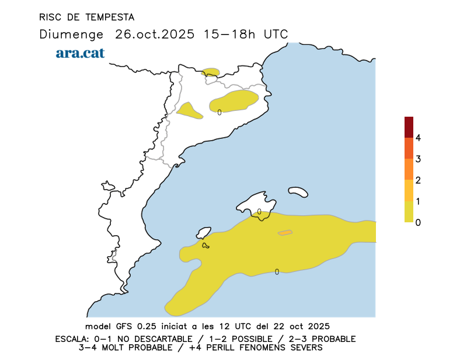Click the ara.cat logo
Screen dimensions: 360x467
point(80,53)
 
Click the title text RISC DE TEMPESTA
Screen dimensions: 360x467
point(86,17)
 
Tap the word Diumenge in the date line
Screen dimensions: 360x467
point(71,34)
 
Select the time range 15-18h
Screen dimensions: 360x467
point(230,34)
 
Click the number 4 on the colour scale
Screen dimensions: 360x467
point(418,138)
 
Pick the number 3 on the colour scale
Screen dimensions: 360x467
point(418,159)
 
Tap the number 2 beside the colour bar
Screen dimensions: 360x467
point(418,180)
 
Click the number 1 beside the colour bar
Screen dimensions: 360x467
point(418,201)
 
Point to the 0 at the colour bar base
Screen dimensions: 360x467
point(418,222)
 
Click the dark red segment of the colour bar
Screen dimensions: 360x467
point(409,127)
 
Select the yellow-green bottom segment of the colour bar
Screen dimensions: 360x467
point(409,212)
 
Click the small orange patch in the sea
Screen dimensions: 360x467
point(285,233)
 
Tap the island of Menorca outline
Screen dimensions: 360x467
point(298,191)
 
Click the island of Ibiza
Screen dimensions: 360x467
point(203,232)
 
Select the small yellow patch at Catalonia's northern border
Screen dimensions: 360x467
point(211,72)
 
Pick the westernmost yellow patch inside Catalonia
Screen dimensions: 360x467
point(190,110)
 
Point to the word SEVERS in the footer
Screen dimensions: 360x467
point(305,348)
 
